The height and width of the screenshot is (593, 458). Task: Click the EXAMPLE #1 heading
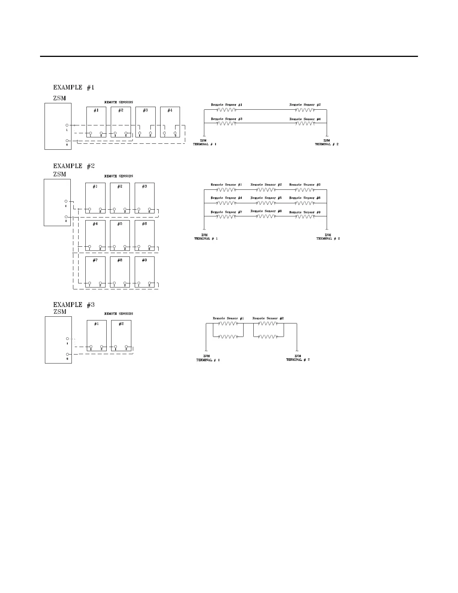(74, 88)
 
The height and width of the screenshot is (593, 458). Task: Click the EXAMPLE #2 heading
(74, 166)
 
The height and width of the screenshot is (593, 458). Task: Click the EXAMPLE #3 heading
(74, 305)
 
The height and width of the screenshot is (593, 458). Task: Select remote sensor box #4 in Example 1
(170, 122)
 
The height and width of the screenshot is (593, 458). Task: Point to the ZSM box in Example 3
(58, 340)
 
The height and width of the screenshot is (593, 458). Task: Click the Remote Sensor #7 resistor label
(226, 212)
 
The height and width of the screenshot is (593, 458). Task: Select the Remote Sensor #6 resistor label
(305, 198)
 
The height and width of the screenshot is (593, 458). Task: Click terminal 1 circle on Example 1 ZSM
(67, 125)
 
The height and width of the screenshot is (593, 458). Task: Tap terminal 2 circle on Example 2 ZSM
(66, 217)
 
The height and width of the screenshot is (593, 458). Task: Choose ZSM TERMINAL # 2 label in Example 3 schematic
(298, 358)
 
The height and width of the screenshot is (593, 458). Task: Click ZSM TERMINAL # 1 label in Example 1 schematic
(204, 142)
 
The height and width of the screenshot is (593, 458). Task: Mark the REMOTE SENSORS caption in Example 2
(119, 176)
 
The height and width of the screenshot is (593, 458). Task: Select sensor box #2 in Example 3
(121, 335)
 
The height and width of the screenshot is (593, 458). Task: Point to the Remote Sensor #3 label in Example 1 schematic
(227, 119)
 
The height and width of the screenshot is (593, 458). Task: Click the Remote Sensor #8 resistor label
(266, 211)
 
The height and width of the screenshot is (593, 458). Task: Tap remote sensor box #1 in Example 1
(96, 122)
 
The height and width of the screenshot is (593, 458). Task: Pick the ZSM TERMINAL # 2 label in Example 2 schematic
(328, 237)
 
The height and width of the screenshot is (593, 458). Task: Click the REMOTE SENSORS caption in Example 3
(119, 314)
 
